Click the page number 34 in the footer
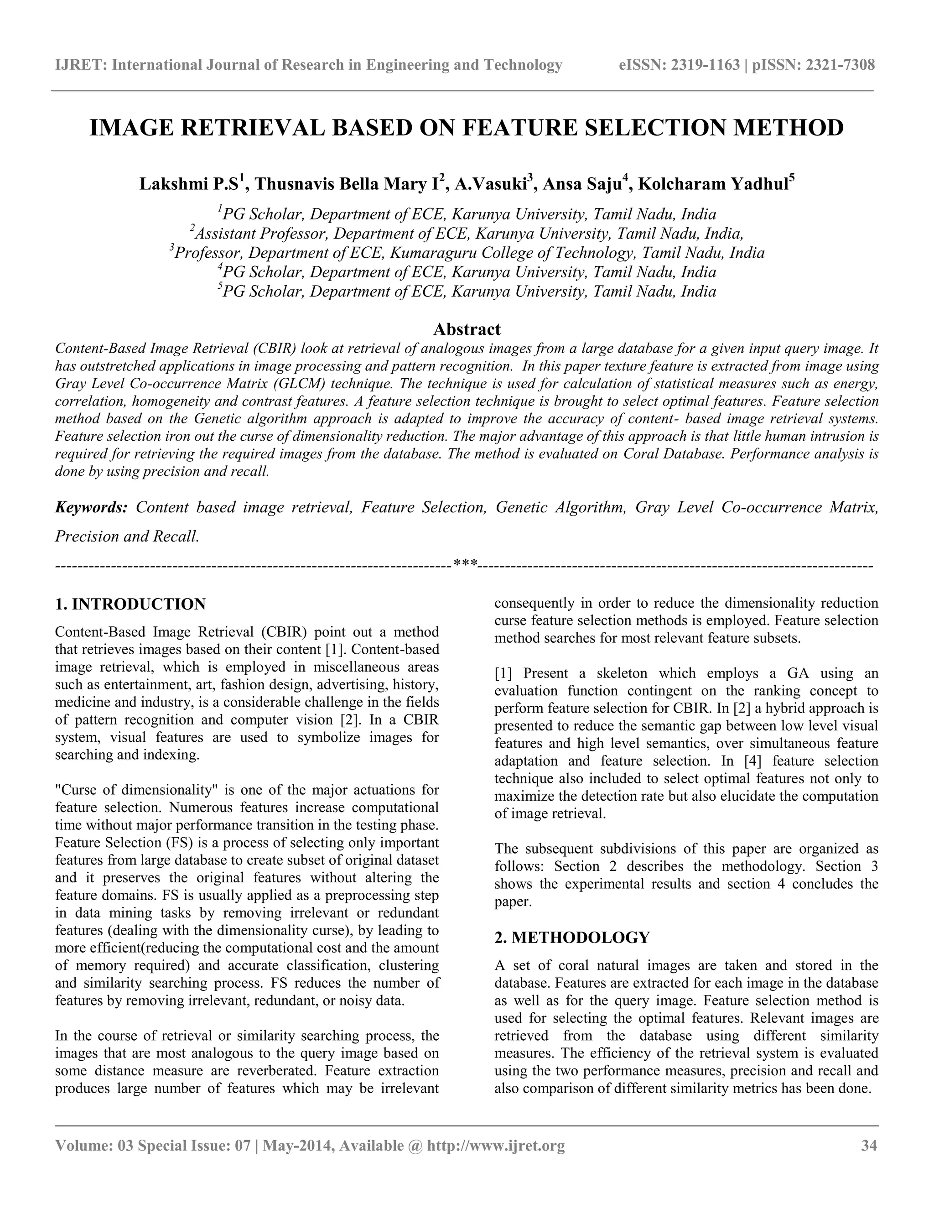[x=869, y=1145]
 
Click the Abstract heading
[x=467, y=329]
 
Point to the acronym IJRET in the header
[x=81, y=65]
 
